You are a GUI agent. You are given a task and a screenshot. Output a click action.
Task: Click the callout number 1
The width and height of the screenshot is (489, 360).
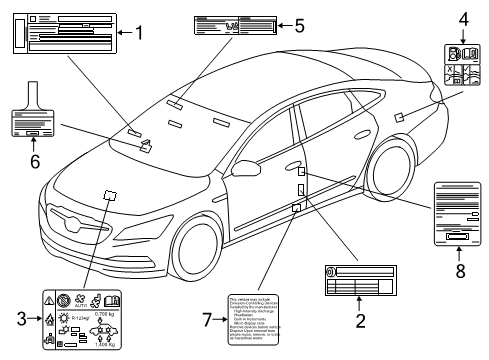(138, 34)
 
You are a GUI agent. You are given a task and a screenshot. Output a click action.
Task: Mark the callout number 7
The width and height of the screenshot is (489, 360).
(208, 319)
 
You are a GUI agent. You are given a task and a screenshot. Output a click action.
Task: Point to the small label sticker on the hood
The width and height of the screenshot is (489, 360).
(110, 194)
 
